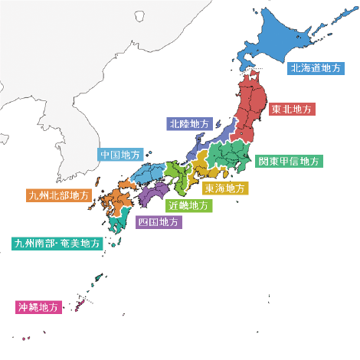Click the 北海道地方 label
click(x=316, y=68)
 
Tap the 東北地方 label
click(x=292, y=110)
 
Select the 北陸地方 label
click(x=189, y=123)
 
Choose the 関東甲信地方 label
click(x=290, y=162)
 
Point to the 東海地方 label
click(x=225, y=188)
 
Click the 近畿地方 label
click(x=188, y=205)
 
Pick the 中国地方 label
click(x=121, y=154)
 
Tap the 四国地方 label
click(x=159, y=222)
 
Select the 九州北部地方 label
click(x=58, y=196)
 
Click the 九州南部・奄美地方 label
click(x=57, y=244)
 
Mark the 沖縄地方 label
click(x=38, y=307)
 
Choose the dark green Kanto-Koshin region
click(x=230, y=157)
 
